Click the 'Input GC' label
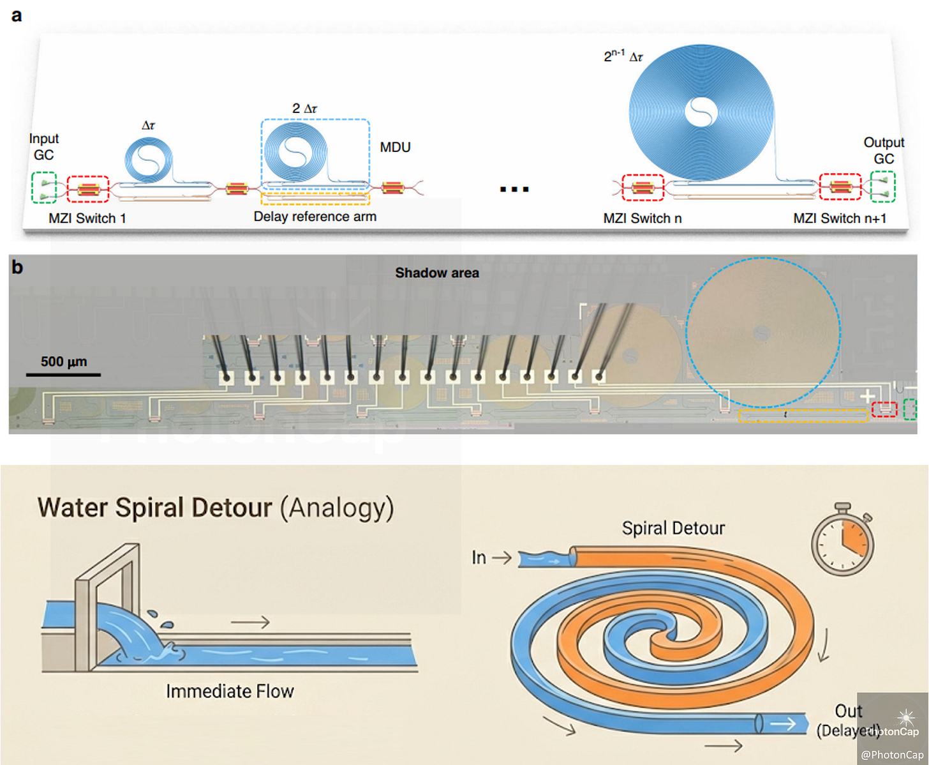43,147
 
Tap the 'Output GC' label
884,151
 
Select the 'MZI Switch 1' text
87,218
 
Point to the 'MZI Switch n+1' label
840,218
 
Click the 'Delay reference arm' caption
315,216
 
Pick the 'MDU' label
395,148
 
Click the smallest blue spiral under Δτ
149,160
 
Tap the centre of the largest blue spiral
701,112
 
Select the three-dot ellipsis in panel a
514,189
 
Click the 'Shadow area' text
437,273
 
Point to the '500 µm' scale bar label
64,361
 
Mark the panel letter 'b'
17,267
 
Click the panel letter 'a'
17,15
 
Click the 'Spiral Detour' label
673,528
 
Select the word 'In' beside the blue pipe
479,557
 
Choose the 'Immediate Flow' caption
230,691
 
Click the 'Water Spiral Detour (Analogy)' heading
216,508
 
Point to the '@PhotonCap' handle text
892,755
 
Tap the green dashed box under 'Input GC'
44,188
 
